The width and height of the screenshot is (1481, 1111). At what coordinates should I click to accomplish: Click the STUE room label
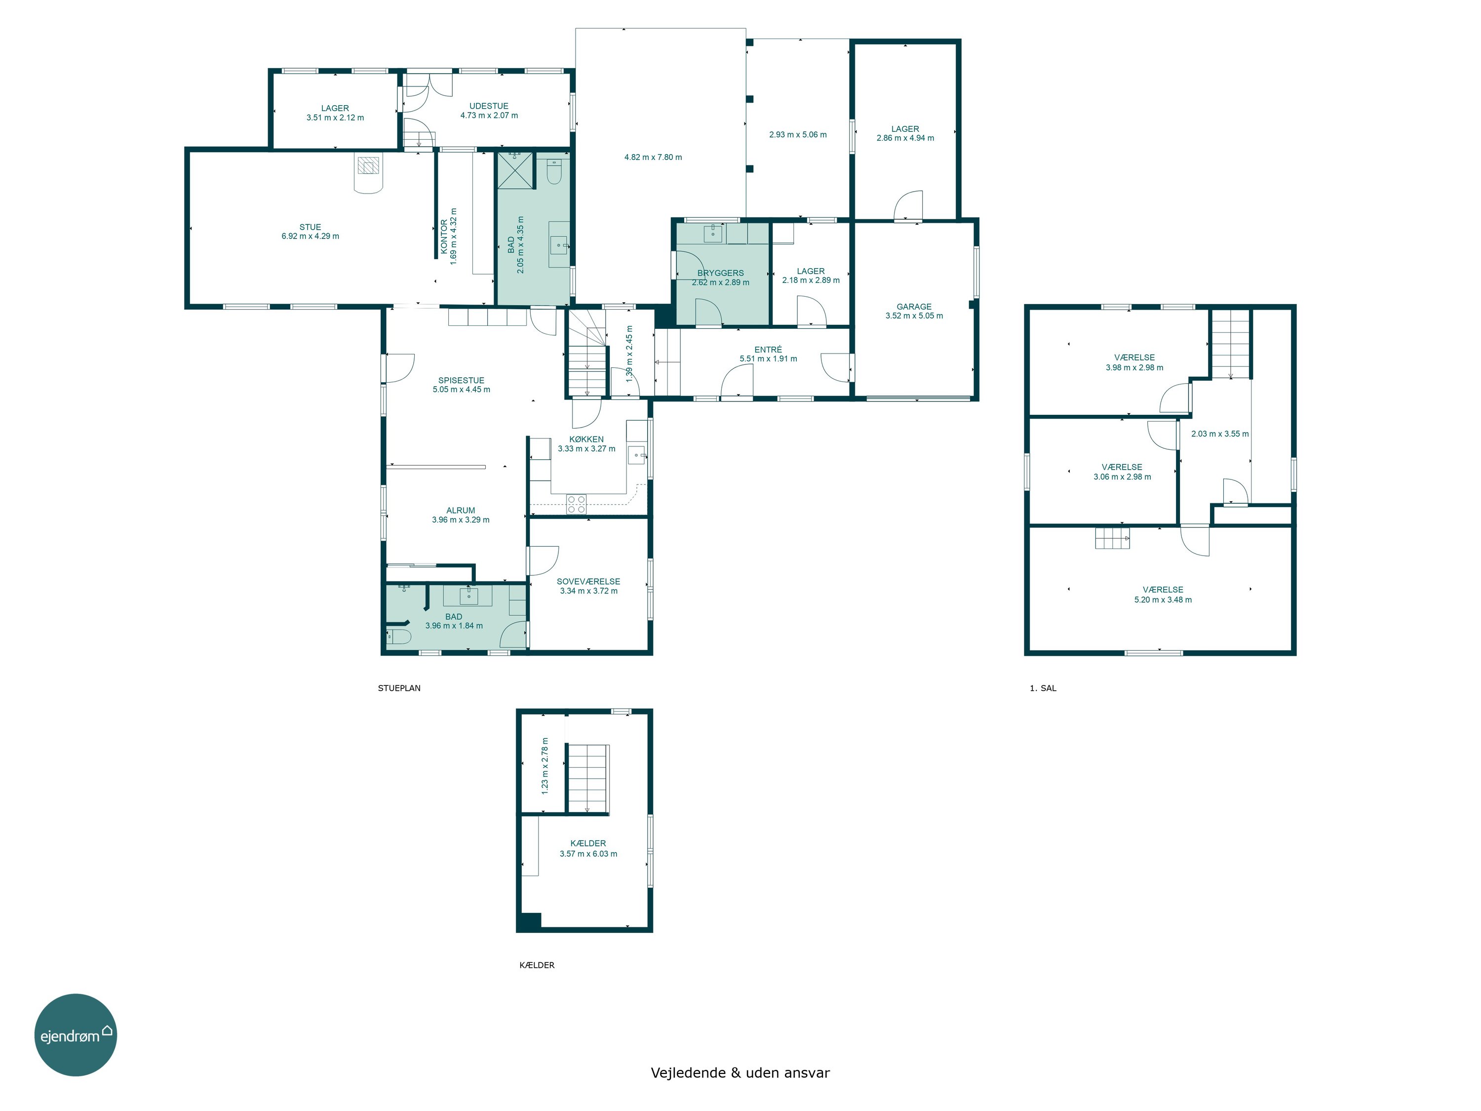(x=310, y=227)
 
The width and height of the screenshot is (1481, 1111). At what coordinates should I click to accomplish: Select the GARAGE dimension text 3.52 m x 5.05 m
(x=914, y=316)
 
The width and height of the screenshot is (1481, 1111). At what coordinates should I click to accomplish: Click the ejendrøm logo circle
(x=76, y=1034)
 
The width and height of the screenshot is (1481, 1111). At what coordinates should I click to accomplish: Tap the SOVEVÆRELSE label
(x=588, y=581)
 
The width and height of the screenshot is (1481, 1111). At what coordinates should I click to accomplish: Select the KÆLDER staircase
(x=587, y=778)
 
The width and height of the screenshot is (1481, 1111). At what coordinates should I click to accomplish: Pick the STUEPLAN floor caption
(x=399, y=688)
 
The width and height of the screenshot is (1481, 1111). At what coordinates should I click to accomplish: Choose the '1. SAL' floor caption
(x=1043, y=688)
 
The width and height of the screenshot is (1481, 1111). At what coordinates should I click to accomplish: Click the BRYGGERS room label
(x=720, y=273)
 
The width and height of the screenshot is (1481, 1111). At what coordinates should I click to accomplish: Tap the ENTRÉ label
(x=768, y=350)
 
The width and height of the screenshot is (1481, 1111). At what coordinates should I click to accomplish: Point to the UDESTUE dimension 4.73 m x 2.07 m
(x=489, y=115)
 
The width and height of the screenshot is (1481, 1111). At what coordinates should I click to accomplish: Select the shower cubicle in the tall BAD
(x=515, y=171)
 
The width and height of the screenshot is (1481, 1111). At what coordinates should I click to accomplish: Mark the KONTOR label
(x=444, y=237)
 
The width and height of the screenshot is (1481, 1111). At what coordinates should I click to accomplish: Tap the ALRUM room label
(x=461, y=510)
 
